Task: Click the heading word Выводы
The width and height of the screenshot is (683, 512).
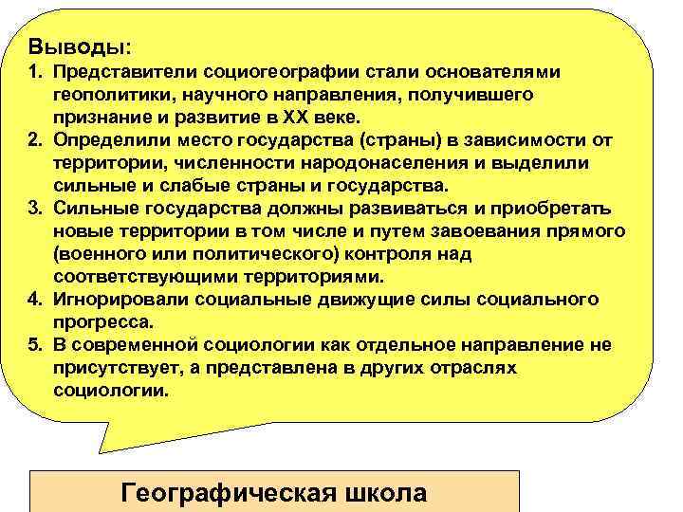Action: coord(78,46)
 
